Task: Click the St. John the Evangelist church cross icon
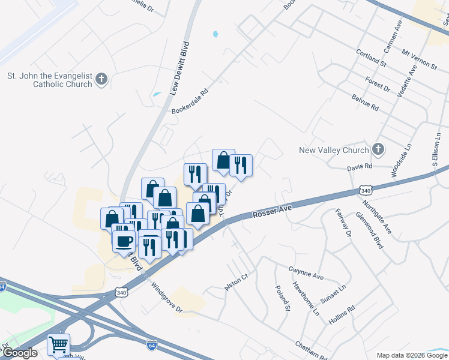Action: pos(101,79)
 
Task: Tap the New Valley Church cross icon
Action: pos(378,149)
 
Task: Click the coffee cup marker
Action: pos(124,242)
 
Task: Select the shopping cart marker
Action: pos(58,344)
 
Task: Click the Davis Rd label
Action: pos(360,166)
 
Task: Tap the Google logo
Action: pos(20,353)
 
